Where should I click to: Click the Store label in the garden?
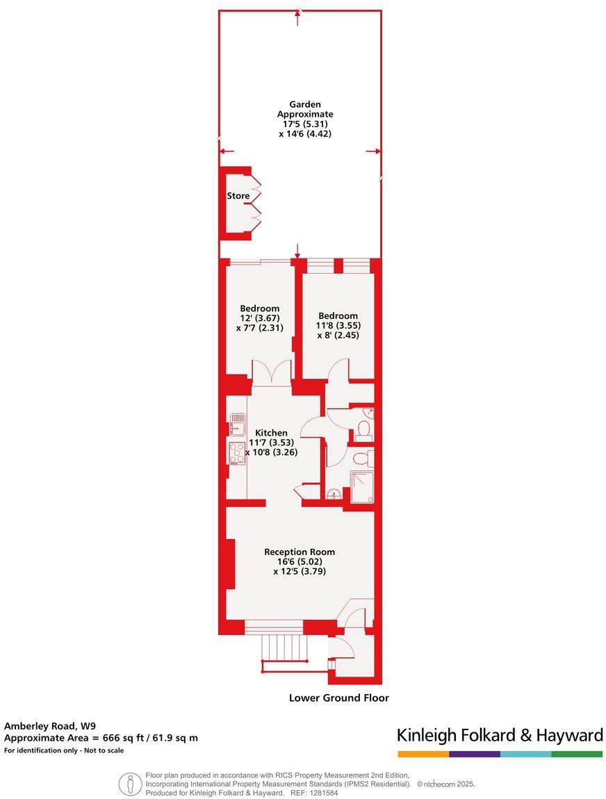pos(238,196)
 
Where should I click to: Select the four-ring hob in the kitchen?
pos(237,453)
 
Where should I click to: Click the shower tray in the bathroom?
pos(361,486)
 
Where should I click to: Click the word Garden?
pos(305,104)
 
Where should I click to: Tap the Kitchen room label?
pos(270,433)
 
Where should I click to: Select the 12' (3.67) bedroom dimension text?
pos(260,318)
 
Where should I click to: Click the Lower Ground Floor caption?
pos(339,698)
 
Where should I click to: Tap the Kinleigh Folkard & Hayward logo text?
pos(499,735)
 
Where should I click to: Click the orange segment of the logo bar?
pos(423,754)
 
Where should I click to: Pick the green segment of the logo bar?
pos(577,754)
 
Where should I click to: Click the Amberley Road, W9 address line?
pos(50,726)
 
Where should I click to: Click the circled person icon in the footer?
pos(130,784)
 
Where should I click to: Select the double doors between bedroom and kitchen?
pos(272,373)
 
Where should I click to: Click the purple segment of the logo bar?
pos(475,754)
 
